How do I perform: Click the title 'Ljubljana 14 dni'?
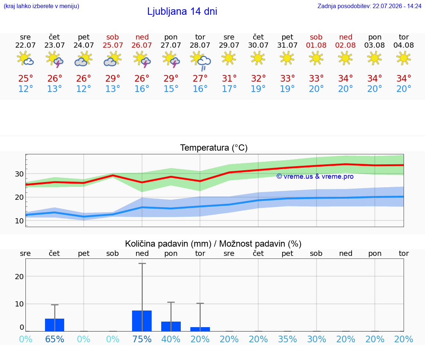click(182, 11)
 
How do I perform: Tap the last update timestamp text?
click(369, 6)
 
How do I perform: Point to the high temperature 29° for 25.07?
click(113, 78)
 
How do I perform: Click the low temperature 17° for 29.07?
click(229, 89)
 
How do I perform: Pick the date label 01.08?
click(316, 45)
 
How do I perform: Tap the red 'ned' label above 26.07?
click(142, 37)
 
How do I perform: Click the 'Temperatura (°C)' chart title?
click(214, 148)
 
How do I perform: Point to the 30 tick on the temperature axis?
click(19, 174)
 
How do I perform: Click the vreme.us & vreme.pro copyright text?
click(315, 176)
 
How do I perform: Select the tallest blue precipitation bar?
click(142, 321)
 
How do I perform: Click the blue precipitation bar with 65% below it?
click(55, 325)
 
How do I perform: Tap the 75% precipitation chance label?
click(142, 339)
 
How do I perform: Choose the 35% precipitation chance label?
click(287, 339)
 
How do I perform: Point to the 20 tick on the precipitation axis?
click(19, 277)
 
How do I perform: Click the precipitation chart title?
click(213, 244)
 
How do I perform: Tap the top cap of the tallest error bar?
click(142, 263)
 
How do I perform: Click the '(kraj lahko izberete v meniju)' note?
click(41, 6)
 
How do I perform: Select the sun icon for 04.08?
click(404, 58)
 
